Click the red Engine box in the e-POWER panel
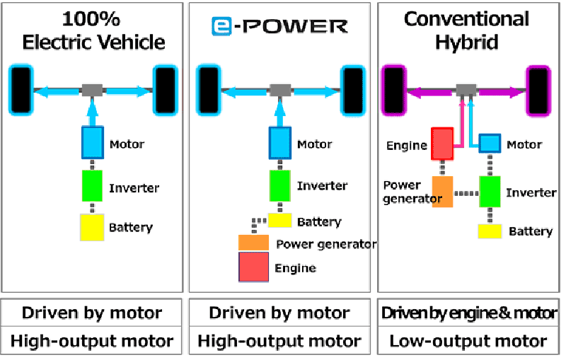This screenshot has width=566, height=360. (x=254, y=267)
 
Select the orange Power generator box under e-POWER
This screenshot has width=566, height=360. (x=254, y=243)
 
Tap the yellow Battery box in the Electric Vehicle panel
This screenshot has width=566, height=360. (x=92, y=227)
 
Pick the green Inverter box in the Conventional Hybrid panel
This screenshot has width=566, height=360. (x=490, y=192)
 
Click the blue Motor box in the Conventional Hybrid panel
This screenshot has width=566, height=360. (x=490, y=143)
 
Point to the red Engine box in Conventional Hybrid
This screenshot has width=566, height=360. (x=442, y=143)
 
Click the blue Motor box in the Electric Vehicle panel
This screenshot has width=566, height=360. (x=93, y=142)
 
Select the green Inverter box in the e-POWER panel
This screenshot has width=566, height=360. (x=280, y=186)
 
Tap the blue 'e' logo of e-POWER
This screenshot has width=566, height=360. (x=221, y=26)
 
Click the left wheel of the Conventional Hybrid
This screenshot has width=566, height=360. (x=394, y=91)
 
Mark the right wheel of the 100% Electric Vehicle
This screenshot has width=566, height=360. (x=166, y=91)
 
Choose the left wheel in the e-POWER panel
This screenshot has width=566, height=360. (x=209, y=91)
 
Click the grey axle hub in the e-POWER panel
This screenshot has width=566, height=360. (x=280, y=91)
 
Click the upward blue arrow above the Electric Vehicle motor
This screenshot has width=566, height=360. (x=93, y=112)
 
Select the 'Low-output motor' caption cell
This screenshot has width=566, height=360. (x=468, y=341)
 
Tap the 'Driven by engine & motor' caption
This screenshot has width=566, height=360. (x=469, y=313)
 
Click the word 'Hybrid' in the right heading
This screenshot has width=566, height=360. (x=466, y=42)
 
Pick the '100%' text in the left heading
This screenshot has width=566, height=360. (x=91, y=19)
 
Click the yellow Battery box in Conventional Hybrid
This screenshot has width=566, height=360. (x=490, y=231)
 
